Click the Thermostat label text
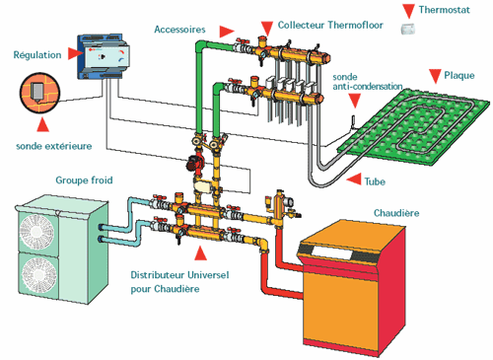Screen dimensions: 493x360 point(444,10)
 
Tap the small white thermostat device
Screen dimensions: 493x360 point(408,29)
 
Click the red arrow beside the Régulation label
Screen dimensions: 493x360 point(75,53)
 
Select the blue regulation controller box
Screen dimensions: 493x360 point(104,56)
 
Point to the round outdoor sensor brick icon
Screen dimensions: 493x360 point(39,93)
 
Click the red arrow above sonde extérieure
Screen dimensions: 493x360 point(42,124)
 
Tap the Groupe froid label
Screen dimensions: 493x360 point(84,180)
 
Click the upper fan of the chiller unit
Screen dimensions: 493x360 point(36,232)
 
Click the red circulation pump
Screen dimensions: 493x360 point(195,162)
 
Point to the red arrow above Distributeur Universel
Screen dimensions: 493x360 point(200,253)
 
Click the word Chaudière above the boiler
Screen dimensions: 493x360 point(396,213)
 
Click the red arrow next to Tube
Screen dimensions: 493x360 point(354,180)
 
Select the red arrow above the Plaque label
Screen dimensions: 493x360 point(435,76)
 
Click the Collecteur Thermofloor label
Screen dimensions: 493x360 point(330,25)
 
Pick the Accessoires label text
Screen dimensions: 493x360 point(179,30)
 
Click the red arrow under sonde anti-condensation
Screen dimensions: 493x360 point(355,101)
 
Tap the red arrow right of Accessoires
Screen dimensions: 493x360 point(227,32)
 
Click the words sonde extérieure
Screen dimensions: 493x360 point(54,146)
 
